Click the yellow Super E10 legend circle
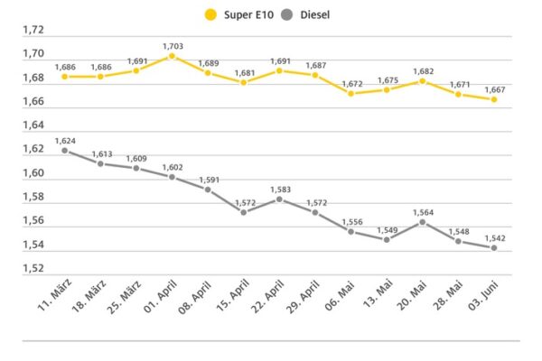pyautogui.click(x=210, y=14)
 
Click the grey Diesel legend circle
pyautogui.click(x=287, y=14)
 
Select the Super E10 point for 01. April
pyautogui.click(x=172, y=56)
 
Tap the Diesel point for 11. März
pyautogui.click(x=65, y=151)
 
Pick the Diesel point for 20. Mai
pyautogui.click(x=423, y=222)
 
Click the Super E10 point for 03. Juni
pyautogui.click(x=494, y=99)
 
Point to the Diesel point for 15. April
pyautogui.click(x=243, y=212)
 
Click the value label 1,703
pyautogui.click(x=173, y=46)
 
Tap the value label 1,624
pyautogui.click(x=65, y=141)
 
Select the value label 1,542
pyautogui.click(x=495, y=238)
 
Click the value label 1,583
pyautogui.click(x=280, y=190)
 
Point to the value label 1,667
pyautogui.click(x=495, y=90)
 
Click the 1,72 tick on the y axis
pyautogui.click(x=33, y=30)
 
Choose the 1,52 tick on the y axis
pyautogui.click(x=33, y=268)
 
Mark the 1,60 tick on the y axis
pyautogui.click(x=33, y=173)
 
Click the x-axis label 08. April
pyautogui.click(x=194, y=297)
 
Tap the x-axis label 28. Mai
pyautogui.click(x=448, y=295)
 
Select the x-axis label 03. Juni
pyautogui.click(x=483, y=295)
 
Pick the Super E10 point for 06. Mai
pyautogui.click(x=350, y=94)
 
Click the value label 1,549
pyautogui.click(x=388, y=230)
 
